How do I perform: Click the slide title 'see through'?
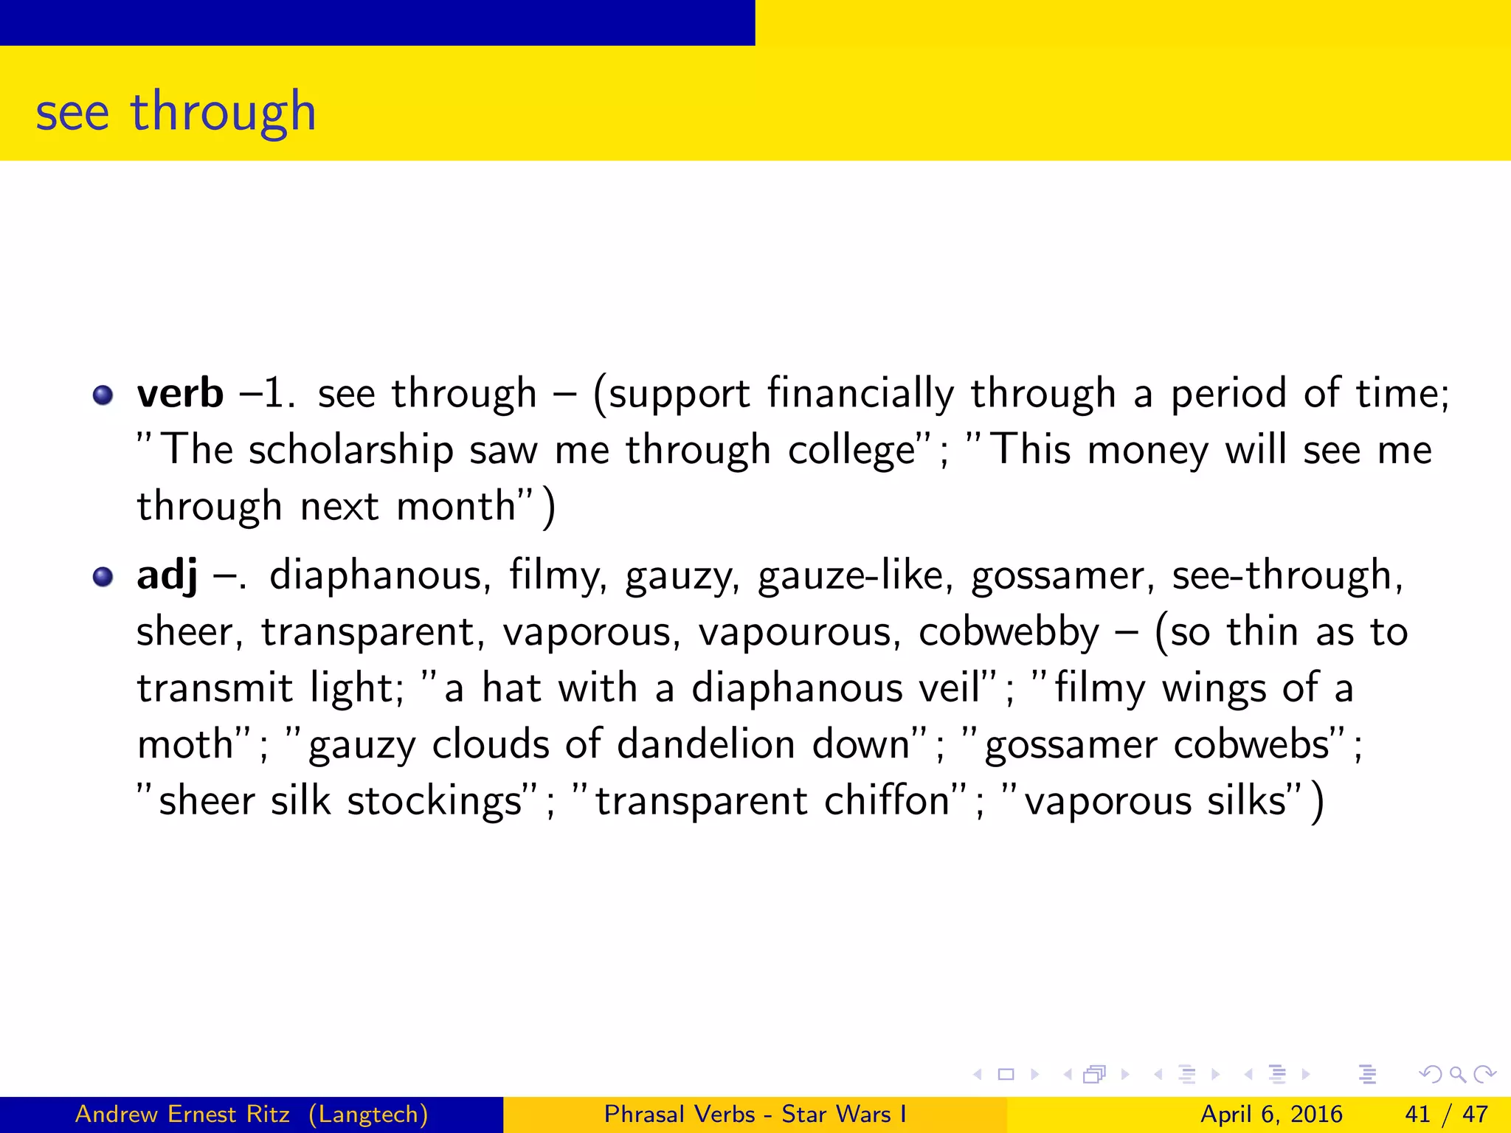click(176, 112)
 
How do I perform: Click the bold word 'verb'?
click(180, 393)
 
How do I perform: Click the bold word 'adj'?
click(167, 576)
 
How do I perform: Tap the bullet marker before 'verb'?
click(103, 395)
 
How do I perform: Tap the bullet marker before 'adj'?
click(103, 577)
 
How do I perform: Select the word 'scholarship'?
click(350, 450)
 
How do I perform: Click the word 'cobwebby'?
click(1009, 632)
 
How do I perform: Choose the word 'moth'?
click(185, 744)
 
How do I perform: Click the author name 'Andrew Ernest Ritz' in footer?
click(182, 1114)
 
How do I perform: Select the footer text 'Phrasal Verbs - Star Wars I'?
click(755, 1114)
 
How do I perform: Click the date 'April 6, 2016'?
click(1271, 1114)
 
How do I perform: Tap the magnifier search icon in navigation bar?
click(1457, 1075)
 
